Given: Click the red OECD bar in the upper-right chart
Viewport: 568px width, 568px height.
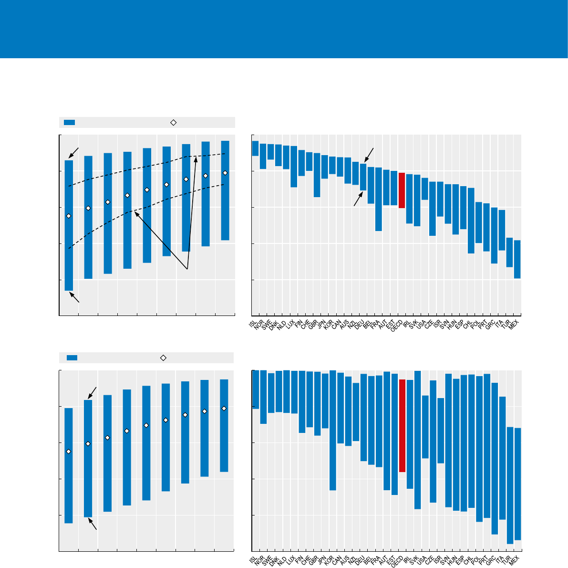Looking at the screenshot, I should (402, 190).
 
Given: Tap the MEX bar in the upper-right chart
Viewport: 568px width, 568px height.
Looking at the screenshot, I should (517, 259).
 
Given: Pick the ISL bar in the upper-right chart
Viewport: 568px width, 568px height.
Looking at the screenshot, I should (255, 148).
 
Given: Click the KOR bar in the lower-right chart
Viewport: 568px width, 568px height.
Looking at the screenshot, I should (332, 430).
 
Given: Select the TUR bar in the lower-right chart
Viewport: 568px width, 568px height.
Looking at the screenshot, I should (510, 485).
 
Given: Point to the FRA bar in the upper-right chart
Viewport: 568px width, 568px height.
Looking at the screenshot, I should (378, 199).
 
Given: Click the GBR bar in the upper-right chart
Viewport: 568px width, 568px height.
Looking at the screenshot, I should (317, 175).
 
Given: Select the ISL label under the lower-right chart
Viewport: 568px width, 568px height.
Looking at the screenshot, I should (253, 558).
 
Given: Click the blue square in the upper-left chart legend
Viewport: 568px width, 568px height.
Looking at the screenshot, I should (70, 122).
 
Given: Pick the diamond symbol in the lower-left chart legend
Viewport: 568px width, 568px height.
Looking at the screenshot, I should (163, 358).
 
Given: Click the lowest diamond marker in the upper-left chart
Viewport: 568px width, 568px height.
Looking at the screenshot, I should (69, 216).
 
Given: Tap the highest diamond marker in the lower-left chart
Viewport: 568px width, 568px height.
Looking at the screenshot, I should (224, 408).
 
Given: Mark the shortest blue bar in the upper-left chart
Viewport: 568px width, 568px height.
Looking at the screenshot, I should (225, 190).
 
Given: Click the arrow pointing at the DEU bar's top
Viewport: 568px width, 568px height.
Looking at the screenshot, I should (369, 155).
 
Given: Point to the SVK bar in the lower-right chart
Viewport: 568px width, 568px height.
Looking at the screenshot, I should (417, 440).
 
